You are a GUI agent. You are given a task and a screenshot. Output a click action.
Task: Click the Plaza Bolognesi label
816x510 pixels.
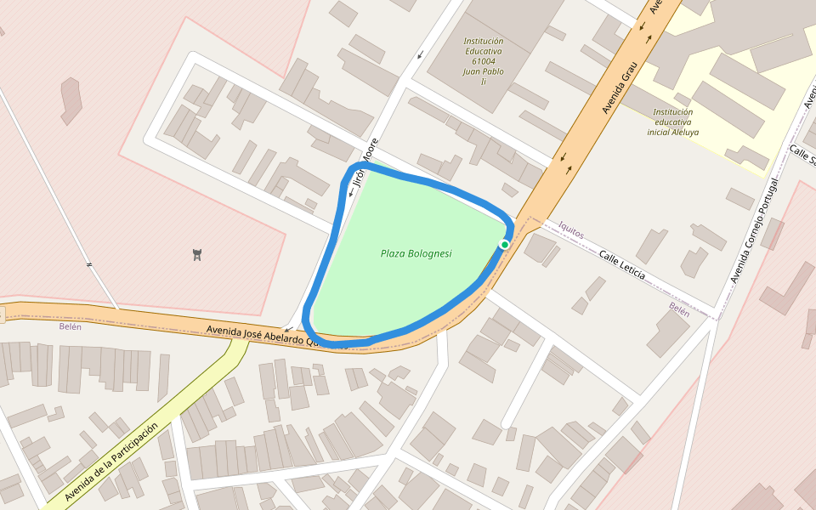point(416,253)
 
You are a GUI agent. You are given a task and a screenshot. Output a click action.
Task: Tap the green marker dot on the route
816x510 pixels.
point(504,245)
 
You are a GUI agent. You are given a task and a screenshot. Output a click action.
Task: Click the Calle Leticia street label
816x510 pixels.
point(621,265)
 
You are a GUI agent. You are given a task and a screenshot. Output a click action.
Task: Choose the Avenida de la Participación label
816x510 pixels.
point(111,462)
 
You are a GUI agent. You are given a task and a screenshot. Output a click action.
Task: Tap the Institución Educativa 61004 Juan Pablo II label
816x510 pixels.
point(483,61)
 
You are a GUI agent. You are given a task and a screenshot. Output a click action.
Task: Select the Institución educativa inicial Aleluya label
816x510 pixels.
point(673,122)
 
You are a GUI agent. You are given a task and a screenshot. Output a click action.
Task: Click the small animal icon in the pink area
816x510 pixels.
point(197,254)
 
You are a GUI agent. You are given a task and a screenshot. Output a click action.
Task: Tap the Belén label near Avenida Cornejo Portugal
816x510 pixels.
point(679,309)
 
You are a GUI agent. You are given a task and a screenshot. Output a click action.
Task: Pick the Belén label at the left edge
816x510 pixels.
point(70,326)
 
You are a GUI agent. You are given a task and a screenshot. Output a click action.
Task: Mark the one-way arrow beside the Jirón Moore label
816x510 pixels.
point(350,194)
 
